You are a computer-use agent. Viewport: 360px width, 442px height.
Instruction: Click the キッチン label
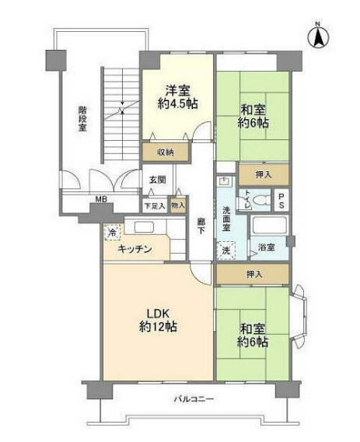point(135,249)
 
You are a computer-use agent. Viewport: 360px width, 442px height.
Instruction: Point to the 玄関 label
point(158,180)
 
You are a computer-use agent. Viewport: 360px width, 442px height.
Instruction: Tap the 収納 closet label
point(164,152)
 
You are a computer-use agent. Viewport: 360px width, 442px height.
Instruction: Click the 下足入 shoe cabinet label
point(154,206)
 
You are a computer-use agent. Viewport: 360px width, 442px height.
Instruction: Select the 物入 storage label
point(178,206)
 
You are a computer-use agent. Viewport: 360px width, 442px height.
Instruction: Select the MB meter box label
point(100,200)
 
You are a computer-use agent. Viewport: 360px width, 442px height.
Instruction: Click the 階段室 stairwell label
point(82,121)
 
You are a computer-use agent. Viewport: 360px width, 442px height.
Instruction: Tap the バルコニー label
point(194,400)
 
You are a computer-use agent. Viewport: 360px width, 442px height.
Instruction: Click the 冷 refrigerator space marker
point(114,232)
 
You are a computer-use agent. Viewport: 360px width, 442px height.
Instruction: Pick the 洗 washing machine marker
point(226,250)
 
